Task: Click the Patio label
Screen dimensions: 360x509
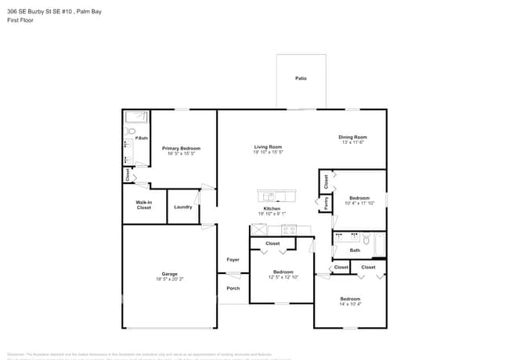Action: (x=301, y=79)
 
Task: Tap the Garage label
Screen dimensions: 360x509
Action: (x=169, y=273)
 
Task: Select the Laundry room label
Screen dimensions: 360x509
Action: (x=183, y=207)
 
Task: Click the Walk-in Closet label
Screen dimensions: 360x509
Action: (x=143, y=205)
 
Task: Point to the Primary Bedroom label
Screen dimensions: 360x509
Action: (x=181, y=148)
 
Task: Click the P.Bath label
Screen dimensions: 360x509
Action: (x=141, y=139)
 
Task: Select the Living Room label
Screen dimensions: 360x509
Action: (x=268, y=146)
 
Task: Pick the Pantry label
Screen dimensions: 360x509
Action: (x=326, y=203)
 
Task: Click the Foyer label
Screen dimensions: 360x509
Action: (x=233, y=259)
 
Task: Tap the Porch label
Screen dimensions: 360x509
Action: (x=233, y=288)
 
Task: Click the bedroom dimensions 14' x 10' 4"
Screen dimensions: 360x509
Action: (x=350, y=304)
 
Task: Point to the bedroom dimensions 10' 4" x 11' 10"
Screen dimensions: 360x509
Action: (x=359, y=203)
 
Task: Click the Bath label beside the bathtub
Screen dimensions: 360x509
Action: (x=355, y=250)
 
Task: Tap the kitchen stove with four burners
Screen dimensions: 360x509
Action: (x=289, y=230)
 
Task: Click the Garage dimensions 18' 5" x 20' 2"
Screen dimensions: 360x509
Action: (x=169, y=279)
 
